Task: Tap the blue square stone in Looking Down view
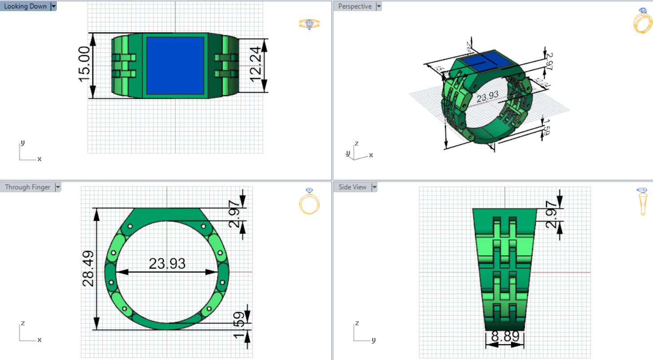(x=175, y=65)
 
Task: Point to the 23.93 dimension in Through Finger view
(x=167, y=264)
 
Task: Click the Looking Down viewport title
(x=25, y=6)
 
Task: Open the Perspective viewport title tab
(x=354, y=6)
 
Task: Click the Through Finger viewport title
(x=28, y=187)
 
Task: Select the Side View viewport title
(x=352, y=187)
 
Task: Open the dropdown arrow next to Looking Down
(x=53, y=6)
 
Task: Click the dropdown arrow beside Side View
(x=374, y=187)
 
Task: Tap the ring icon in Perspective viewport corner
(x=641, y=20)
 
